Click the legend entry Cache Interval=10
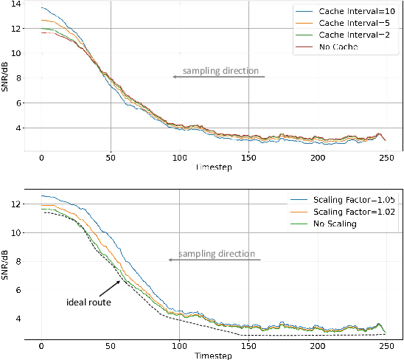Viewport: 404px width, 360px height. click(351, 12)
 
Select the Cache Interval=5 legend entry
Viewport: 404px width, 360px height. click(349, 23)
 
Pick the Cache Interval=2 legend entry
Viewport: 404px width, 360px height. click(349, 35)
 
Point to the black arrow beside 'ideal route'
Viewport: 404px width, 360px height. click(110, 288)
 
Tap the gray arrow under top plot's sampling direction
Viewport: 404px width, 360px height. click(218, 76)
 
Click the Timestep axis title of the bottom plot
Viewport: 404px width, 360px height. click(214, 355)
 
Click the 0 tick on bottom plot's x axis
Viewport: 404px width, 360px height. click(41, 346)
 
